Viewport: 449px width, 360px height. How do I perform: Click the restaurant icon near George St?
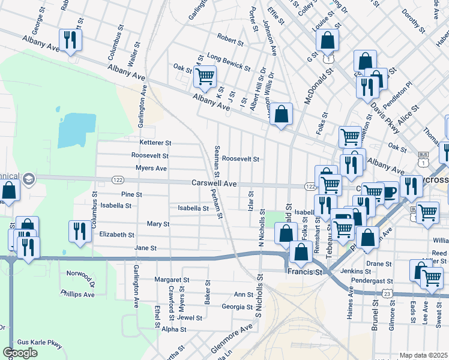pyautogui.click(x=70, y=40)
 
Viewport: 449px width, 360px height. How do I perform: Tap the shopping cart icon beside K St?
pyautogui.click(x=205, y=77)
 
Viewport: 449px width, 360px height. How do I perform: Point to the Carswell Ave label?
pyautogui.click(x=215, y=183)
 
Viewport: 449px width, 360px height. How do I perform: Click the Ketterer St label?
pyautogui.click(x=155, y=143)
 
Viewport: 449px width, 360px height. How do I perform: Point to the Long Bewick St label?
pyautogui.click(x=229, y=59)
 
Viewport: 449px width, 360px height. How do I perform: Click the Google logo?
pyautogui.click(x=20, y=352)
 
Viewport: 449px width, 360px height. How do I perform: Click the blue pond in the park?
pyautogui.click(x=76, y=130)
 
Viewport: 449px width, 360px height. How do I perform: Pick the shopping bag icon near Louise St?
pyautogui.click(x=328, y=41)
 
